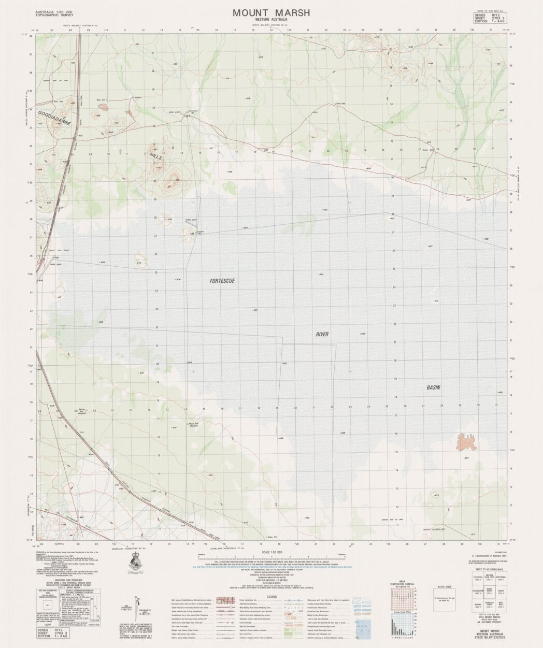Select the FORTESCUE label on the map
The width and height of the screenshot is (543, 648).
[x=222, y=281]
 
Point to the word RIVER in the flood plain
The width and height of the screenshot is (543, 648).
[x=322, y=335]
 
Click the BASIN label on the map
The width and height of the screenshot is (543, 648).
[x=433, y=387]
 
